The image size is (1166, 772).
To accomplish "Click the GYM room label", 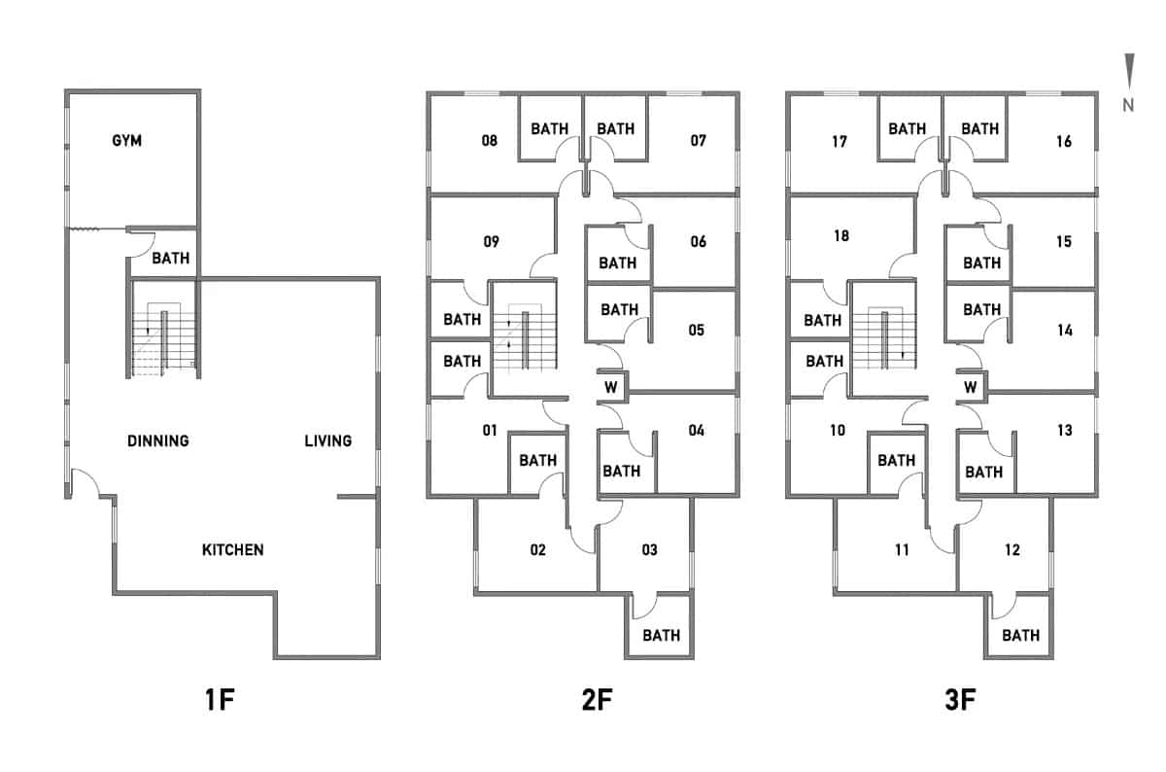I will (x=126, y=141).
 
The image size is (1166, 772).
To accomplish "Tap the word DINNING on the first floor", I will (x=158, y=440).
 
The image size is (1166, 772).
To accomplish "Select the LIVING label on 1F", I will (x=328, y=440).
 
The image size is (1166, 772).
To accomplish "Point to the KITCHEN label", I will (x=232, y=550).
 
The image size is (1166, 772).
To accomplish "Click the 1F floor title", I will (x=221, y=700).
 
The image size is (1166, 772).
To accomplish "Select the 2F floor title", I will (x=583, y=700).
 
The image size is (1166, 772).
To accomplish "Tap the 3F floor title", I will (x=943, y=700).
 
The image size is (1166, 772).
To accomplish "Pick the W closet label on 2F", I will (x=611, y=387).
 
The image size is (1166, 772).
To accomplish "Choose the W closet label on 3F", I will (x=971, y=387).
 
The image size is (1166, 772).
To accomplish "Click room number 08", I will (x=490, y=141).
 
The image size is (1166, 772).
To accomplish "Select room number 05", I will (x=696, y=330).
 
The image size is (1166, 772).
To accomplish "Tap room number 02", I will (x=537, y=550).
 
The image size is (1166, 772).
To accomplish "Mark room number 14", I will (x=1064, y=330).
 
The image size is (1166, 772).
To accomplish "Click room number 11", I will (x=902, y=550).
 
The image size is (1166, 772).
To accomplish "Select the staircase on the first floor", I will (x=163, y=340).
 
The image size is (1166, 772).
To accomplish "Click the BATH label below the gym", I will (x=170, y=259).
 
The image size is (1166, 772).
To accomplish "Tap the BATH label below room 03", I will (x=661, y=636).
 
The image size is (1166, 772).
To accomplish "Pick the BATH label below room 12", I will (x=1020, y=636).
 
